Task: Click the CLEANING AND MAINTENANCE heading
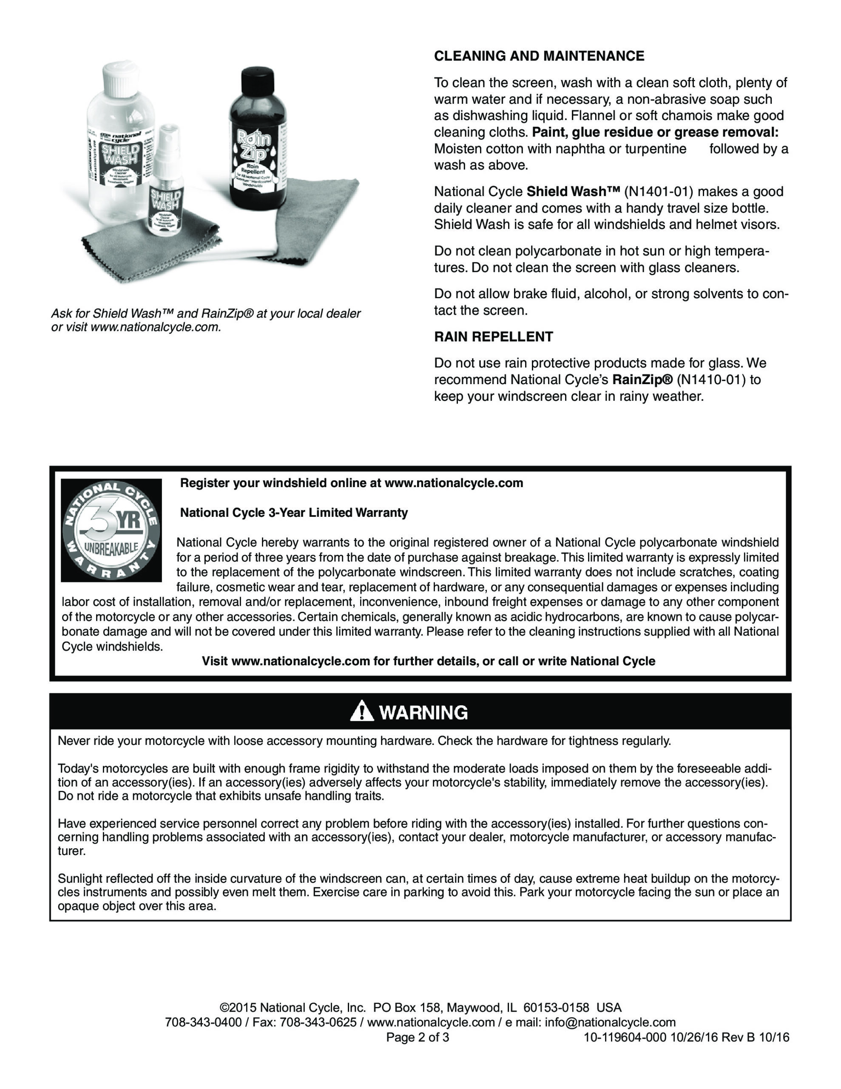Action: click(x=539, y=56)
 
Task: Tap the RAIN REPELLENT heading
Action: click(x=494, y=336)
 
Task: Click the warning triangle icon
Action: click(x=362, y=712)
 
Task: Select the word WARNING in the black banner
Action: click(x=424, y=713)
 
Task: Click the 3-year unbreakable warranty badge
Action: click(x=111, y=530)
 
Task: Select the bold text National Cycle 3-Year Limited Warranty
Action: click(x=294, y=513)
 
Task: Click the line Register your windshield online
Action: click(x=352, y=483)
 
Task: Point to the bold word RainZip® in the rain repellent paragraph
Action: click(x=642, y=380)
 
